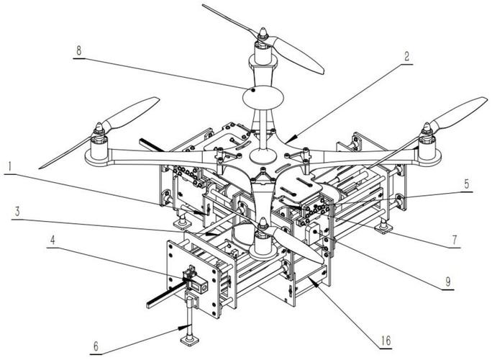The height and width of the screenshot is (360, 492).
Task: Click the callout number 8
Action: pyautogui.click(x=78, y=50)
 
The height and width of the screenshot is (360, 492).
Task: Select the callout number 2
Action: pyautogui.click(x=406, y=57)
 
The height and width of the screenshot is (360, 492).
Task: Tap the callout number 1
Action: pyautogui.click(x=10, y=166)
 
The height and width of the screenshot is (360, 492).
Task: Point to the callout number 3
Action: pyautogui.click(x=17, y=212)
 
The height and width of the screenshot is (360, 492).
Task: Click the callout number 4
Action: pyautogui.click(x=53, y=240)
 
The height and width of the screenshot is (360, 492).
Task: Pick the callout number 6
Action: pyautogui.click(x=96, y=346)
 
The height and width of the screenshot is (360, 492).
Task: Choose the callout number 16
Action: pyautogui.click(x=386, y=341)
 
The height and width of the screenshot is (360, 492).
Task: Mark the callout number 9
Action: pyautogui.click(x=448, y=282)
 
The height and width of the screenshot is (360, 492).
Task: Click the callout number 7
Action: pyautogui.click(x=455, y=240)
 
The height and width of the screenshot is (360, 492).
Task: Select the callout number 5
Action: pyautogui.click(x=467, y=184)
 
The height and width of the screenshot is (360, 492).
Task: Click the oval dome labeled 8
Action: pyautogui.click(x=263, y=97)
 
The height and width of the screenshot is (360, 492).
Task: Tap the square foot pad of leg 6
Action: pyautogui.click(x=190, y=341)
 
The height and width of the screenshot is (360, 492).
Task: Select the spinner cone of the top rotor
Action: pyautogui.click(x=263, y=32)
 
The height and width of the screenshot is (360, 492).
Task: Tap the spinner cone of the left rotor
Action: pyautogui.click(x=99, y=128)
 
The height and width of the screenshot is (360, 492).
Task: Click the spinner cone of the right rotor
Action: pyautogui.click(x=427, y=128)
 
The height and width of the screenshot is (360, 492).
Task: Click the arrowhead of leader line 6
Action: pyautogui.click(x=183, y=328)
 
